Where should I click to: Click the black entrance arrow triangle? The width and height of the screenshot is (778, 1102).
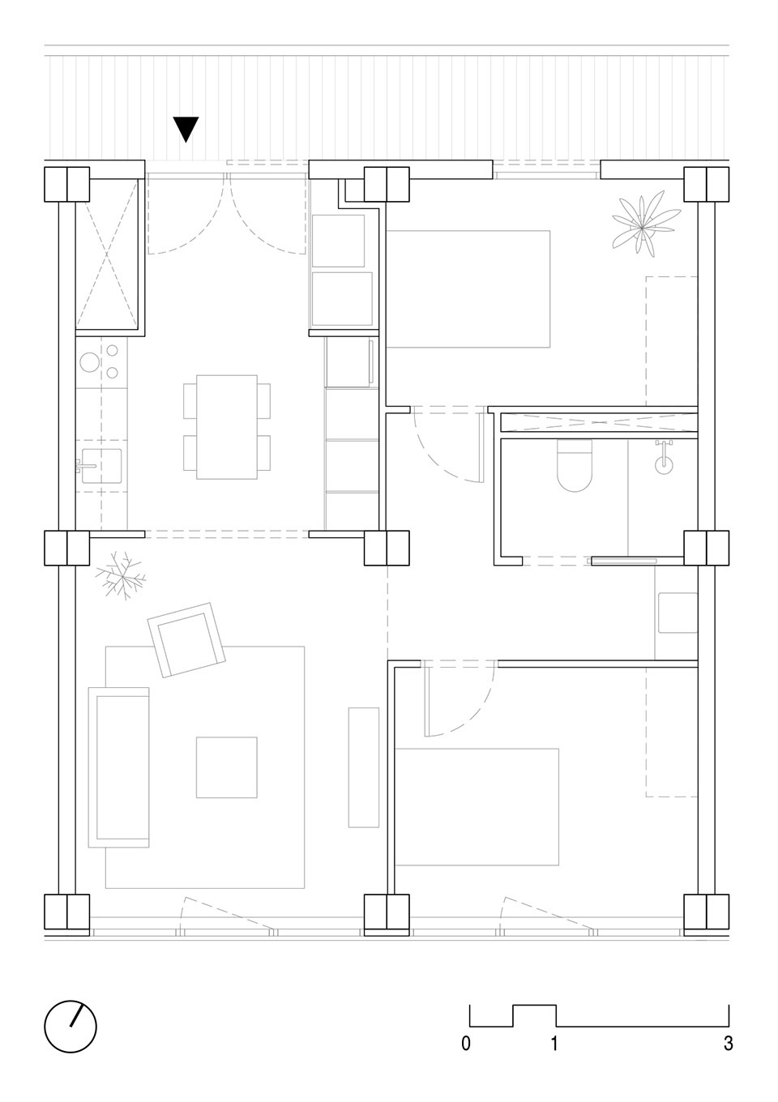(x=186, y=129)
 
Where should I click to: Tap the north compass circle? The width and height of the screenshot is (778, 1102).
(x=71, y=1026)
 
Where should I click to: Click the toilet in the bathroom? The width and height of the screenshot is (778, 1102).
(x=575, y=465)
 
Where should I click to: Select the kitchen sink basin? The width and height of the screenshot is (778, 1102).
(x=101, y=465)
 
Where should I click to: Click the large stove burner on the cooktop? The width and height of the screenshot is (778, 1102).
(x=90, y=361)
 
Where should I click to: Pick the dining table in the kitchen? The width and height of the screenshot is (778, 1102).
(x=227, y=426)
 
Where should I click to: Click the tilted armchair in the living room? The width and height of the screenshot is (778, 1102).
(x=186, y=639)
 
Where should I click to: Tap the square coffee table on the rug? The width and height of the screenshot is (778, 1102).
(x=226, y=767)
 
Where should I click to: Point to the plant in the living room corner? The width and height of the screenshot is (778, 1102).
(x=121, y=575)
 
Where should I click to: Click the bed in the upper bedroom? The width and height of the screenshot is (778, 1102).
(x=468, y=288)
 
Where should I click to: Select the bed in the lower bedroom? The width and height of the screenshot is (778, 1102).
(x=477, y=807)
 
